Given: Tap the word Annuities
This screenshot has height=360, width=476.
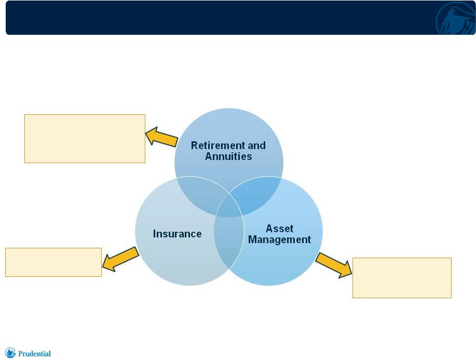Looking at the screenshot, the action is (228, 156).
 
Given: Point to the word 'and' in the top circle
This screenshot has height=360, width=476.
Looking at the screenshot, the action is (256, 145).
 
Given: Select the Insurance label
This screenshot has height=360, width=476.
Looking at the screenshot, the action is (178, 234).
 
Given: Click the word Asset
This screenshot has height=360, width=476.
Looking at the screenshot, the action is (280, 229).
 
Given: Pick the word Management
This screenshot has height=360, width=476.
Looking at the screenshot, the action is (280, 239).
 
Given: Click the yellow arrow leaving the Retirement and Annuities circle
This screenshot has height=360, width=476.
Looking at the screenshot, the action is (161, 137).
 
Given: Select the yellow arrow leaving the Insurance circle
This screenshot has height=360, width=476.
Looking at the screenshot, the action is (120, 259).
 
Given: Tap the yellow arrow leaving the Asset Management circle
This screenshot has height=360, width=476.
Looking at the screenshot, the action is (334, 265).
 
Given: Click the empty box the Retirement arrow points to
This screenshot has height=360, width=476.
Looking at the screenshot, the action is (85, 139).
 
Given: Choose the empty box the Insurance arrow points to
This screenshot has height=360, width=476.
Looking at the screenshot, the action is (53, 262).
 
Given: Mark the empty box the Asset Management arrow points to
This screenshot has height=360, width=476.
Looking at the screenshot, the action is (402, 278).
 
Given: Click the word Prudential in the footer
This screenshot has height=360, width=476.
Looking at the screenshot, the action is (34, 354).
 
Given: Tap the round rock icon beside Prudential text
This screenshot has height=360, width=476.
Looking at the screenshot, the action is (10, 353).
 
